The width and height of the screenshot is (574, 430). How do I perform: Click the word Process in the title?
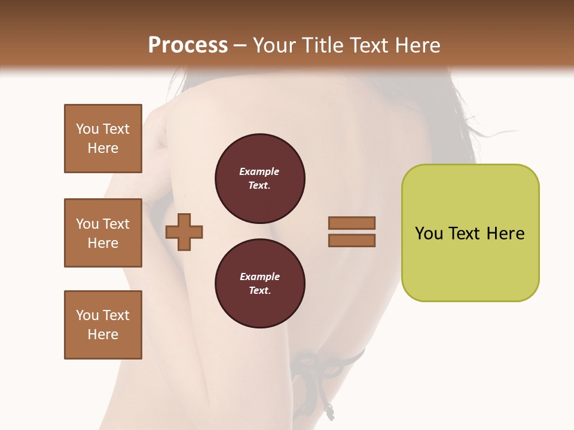click(188, 45)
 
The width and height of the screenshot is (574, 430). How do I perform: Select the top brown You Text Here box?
click(103, 139)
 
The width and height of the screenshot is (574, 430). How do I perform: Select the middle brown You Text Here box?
click(103, 233)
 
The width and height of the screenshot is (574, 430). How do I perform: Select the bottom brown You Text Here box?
click(103, 324)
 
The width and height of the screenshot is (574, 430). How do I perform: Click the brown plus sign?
click(184, 232)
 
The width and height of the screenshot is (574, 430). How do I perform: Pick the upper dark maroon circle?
click(259, 179)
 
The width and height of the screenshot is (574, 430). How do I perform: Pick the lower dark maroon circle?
click(259, 283)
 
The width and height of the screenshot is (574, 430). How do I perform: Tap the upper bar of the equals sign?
click(352, 223)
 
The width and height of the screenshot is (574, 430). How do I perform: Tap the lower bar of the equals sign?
click(352, 241)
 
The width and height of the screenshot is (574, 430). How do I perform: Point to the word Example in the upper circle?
click(259, 171)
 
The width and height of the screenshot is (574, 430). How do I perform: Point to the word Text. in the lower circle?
click(259, 291)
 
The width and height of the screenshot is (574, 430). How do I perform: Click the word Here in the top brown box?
click(103, 148)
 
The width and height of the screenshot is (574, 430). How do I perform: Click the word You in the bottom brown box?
click(88, 315)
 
